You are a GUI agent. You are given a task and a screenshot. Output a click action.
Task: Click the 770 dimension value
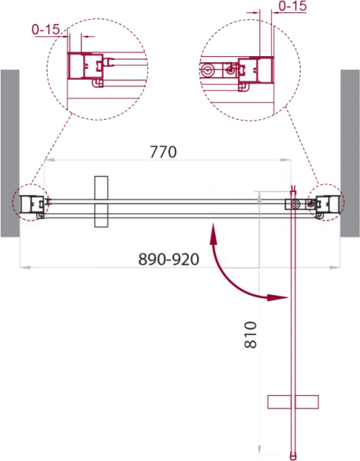pos(163,152)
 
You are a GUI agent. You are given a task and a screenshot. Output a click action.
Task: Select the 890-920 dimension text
pos(169,260)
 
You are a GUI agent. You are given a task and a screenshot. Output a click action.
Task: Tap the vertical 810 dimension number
pos(250,335)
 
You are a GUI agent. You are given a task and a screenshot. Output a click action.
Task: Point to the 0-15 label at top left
pos(46,29)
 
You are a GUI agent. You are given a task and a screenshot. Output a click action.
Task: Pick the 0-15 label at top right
pos(292,6)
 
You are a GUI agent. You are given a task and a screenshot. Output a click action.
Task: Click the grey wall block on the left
pos(10,153)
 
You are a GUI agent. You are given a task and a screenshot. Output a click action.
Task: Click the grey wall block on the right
pos(350,153)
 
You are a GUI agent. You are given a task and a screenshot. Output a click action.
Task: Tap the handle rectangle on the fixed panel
pos(101,201)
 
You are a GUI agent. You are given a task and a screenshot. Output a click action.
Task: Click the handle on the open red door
pos(293,402)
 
